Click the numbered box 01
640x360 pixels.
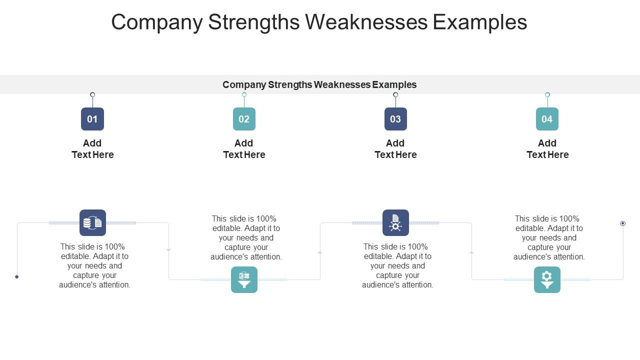coord(92,119)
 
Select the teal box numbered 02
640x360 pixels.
coord(244,119)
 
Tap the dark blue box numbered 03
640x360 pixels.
coord(395,119)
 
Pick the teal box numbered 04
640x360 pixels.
coord(547,119)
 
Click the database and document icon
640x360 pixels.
coord(92,223)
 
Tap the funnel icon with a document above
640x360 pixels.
coord(244,279)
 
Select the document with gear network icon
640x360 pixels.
coord(395,223)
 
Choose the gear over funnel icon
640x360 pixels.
coord(547,279)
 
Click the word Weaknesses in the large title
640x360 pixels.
coord(366,22)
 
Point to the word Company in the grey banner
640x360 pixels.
coord(244,85)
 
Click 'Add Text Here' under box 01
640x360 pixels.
coord(92,149)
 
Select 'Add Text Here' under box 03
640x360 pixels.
coord(395,149)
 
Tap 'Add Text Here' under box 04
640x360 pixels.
coord(547,149)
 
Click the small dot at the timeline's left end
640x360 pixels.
coord(16,276)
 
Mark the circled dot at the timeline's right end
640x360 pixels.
coord(622,223)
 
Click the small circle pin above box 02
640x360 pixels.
coord(244,94)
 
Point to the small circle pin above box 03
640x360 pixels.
coord(395,94)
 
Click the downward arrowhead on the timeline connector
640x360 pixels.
coord(168,250)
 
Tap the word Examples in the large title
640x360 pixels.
coord(480,22)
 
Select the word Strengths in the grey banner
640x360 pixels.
coord(292,85)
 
